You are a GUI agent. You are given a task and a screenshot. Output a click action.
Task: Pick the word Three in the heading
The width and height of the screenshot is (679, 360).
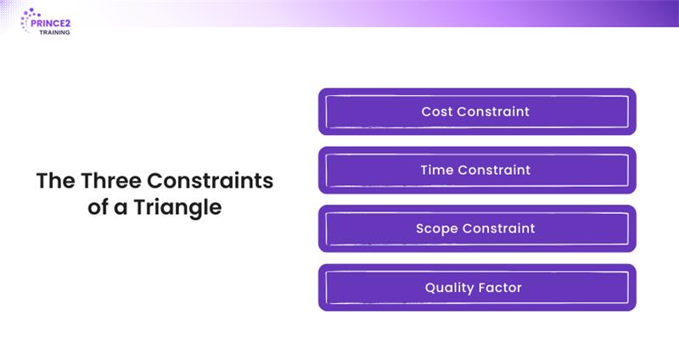pos(111,182)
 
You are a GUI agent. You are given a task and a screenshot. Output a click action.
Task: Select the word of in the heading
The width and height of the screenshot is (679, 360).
pos(98,207)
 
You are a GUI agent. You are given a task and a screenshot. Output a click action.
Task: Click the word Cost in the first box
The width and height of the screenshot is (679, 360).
pos(437,111)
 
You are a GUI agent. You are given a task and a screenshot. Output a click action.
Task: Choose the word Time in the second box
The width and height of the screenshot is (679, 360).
pos(436,170)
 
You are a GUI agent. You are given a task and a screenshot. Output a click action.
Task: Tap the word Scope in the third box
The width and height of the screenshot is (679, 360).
pos(435,228)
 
